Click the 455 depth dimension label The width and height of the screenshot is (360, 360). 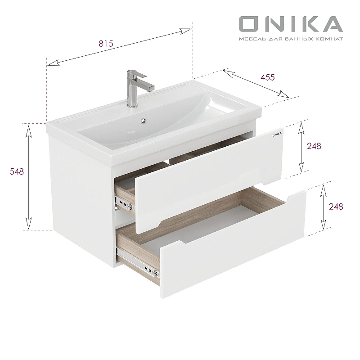point(267,77)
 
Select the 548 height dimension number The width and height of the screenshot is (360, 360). point(16,171)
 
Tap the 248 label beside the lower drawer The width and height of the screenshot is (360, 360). point(336,207)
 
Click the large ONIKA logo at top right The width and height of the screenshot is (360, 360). point(290,24)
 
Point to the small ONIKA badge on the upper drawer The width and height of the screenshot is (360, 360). point(276,133)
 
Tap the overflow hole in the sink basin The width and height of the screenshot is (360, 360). point(144,120)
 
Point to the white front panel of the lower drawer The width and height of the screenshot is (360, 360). point(234,265)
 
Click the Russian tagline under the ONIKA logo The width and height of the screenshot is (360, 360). point(290,39)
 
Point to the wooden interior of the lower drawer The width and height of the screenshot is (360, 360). point(202,211)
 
